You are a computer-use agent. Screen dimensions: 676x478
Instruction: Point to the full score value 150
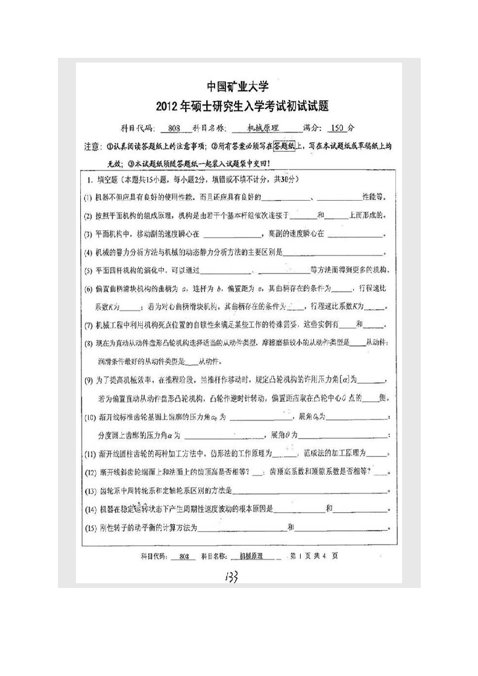tap(338, 128)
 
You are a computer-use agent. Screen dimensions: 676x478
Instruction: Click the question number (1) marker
tap(88, 196)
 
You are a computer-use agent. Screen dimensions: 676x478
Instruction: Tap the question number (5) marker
tap(88, 269)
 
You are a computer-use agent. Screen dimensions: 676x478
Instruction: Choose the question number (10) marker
tap(90, 417)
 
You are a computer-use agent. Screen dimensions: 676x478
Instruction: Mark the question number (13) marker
tap(90, 492)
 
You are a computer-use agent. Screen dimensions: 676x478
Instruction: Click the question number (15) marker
tap(90, 528)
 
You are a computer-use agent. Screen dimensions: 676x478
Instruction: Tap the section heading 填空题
tap(106, 180)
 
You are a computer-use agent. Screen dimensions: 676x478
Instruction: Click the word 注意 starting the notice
tap(92, 146)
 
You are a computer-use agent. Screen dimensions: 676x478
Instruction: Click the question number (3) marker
tap(88, 233)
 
